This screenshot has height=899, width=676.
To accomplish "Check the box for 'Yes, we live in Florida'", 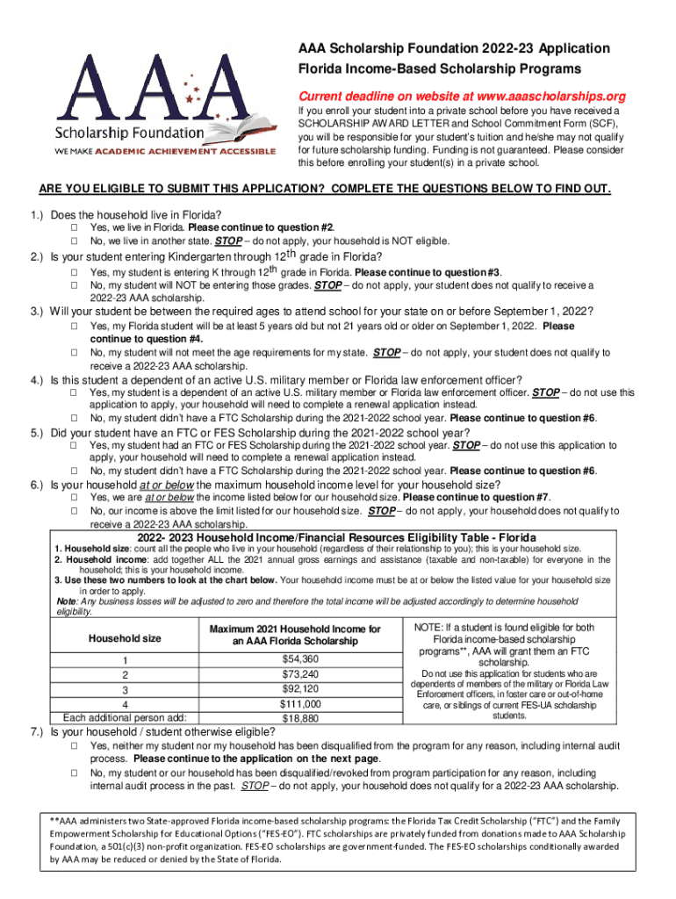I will tap(75, 227).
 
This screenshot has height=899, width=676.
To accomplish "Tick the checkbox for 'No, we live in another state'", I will tap(75, 241).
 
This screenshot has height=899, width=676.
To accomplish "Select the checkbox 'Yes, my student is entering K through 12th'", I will tap(75, 273).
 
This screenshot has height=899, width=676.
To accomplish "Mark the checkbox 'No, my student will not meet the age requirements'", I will tap(75, 353).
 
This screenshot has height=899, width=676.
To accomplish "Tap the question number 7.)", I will tap(39, 731).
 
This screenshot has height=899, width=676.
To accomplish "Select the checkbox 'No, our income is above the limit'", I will tap(75, 510).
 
